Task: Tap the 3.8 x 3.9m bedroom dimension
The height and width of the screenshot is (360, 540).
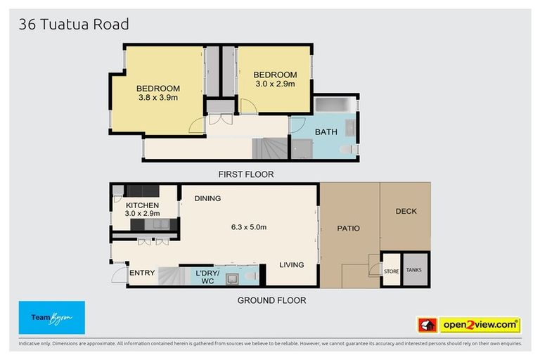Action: coord(157,98)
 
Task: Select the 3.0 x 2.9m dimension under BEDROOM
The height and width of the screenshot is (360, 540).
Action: coord(274,84)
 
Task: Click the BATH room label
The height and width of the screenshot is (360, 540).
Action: coord(326,131)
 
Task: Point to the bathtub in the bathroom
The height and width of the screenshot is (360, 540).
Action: coord(335,105)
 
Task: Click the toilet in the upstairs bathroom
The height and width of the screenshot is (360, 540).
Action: coord(347,150)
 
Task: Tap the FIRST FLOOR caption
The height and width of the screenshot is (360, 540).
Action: coord(245,174)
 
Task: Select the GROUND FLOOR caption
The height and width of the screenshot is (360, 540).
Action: coord(271,300)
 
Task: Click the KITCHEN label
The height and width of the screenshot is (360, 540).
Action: coord(143,205)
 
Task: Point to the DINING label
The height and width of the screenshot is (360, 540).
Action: coord(207,198)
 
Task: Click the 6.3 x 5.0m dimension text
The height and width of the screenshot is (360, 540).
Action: coord(249,227)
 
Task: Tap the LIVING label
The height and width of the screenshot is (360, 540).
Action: coord(291,265)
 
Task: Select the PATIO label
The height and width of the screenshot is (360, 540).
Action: coord(348,228)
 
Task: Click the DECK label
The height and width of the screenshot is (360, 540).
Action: coord(406,211)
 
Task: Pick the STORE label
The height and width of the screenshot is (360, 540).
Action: coord(391,271)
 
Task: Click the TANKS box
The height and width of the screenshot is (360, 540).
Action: coord(415,269)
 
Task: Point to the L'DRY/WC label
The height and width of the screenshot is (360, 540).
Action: coord(207,277)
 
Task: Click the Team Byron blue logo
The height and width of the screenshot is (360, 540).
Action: coord(51,318)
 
